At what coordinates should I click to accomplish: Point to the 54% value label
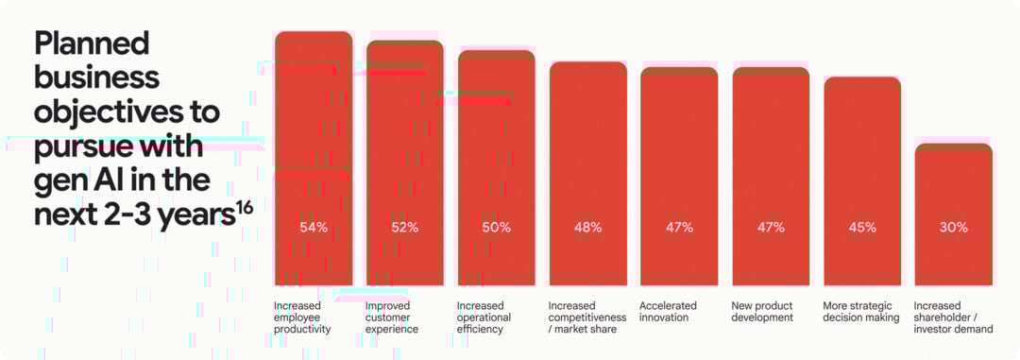coord(314,228)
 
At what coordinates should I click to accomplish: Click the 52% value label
coord(405,228)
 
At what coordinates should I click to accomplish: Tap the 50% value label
coord(497,228)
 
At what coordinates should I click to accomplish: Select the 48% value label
coord(588,228)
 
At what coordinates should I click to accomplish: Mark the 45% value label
coord(862,228)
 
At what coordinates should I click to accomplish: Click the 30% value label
coord(954,228)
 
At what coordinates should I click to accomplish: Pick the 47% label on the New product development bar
coord(771,228)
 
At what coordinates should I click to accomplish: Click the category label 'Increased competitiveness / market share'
coord(586,317)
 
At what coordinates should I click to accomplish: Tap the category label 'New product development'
coord(762,312)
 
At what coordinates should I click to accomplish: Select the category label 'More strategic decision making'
coord(860,312)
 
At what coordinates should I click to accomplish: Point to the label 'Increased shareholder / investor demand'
coord(953,317)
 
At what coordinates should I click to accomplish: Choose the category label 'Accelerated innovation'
coord(668,312)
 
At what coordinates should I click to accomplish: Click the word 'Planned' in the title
coord(92,43)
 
